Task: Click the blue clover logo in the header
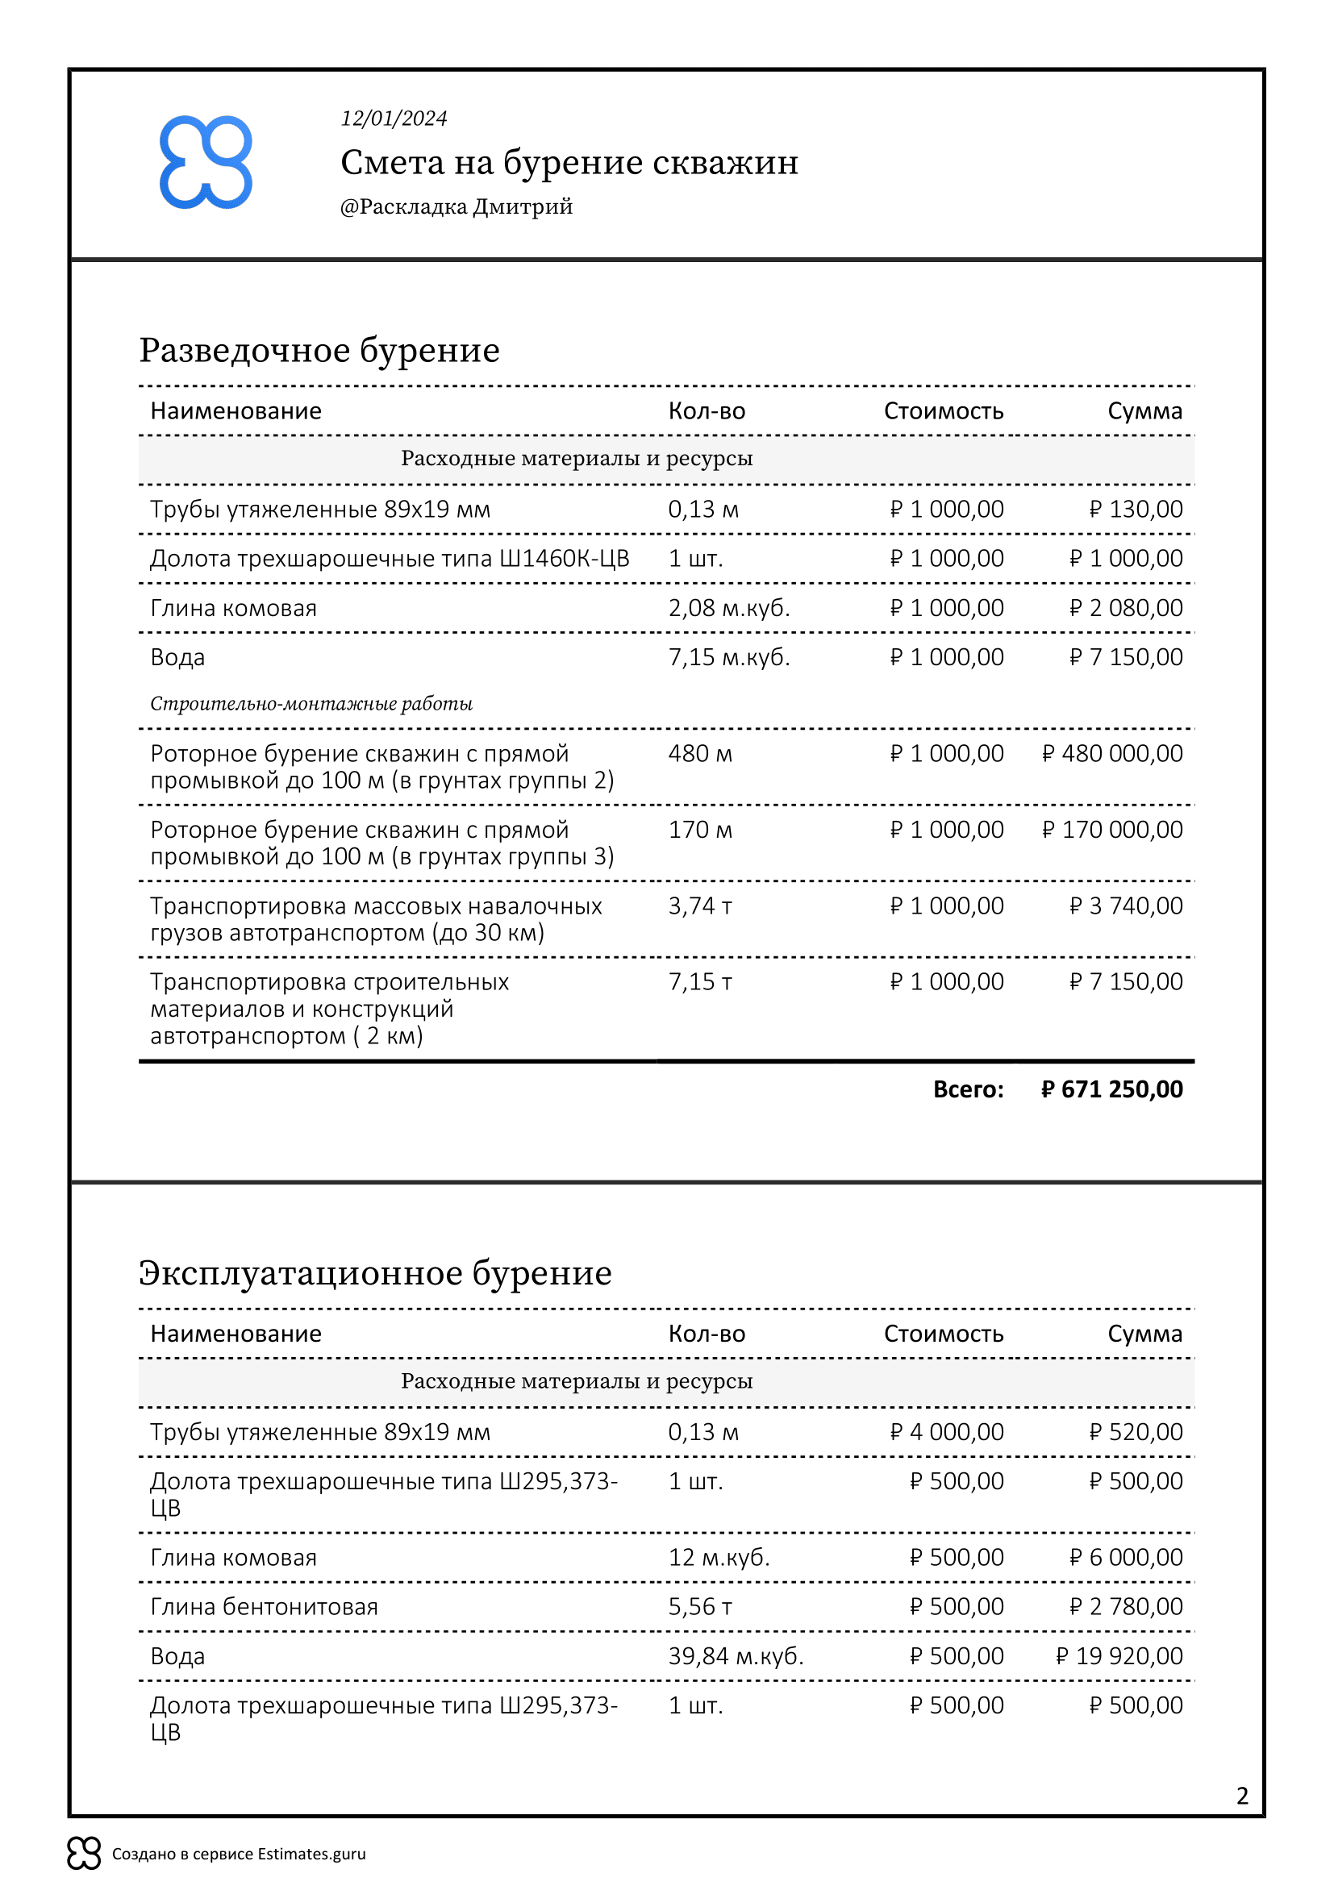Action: [x=206, y=162]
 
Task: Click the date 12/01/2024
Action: [x=394, y=119]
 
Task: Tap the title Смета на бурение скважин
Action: [x=569, y=162]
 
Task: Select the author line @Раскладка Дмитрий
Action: [x=456, y=206]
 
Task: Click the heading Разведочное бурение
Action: [x=319, y=350]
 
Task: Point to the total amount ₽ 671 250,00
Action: [x=1111, y=1089]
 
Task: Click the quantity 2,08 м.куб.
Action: [x=728, y=608]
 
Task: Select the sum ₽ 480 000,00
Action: [x=1112, y=753]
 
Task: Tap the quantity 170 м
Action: [x=700, y=830]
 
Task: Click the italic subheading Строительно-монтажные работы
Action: [x=311, y=704]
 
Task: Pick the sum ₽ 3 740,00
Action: [x=1126, y=906]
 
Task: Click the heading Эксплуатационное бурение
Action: [x=375, y=1273]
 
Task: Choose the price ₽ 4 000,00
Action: [x=946, y=1432]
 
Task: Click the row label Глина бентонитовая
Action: [x=264, y=1607]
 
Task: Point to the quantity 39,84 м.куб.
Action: [x=736, y=1656]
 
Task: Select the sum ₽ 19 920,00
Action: [x=1119, y=1656]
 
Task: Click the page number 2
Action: [x=1242, y=1796]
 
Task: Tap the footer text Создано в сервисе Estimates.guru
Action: [x=238, y=1854]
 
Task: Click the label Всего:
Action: [x=968, y=1089]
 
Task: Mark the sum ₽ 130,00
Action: [x=1136, y=510]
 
